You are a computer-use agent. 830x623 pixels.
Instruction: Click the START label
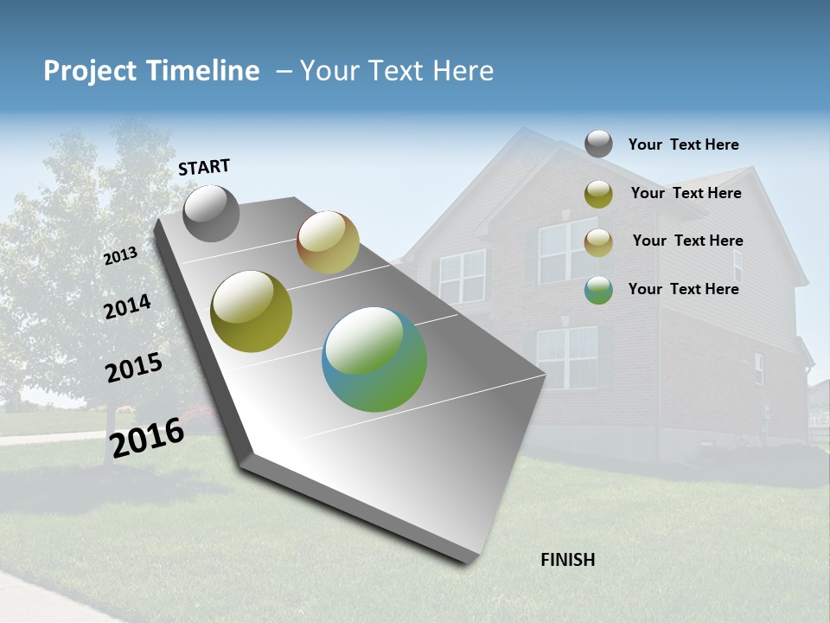click(x=204, y=167)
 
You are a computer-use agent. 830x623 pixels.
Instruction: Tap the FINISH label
click(x=568, y=560)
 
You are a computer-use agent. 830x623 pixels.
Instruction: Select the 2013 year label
click(x=120, y=256)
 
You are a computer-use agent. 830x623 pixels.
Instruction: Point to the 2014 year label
click(x=127, y=306)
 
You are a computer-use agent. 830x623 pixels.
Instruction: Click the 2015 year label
click(x=134, y=368)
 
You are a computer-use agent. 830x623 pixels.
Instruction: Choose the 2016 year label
click(x=147, y=438)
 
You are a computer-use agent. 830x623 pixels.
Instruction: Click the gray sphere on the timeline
click(x=211, y=214)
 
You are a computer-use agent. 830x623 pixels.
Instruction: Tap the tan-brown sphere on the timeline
click(x=328, y=242)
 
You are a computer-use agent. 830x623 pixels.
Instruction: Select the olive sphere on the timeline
click(x=251, y=311)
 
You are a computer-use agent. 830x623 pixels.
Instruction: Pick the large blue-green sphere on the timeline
click(x=374, y=359)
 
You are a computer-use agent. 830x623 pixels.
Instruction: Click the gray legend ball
click(x=598, y=144)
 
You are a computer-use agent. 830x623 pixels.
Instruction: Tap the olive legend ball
click(x=598, y=194)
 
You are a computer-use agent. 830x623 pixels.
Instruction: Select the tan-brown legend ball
click(x=598, y=242)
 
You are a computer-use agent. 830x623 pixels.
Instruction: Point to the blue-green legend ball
click(x=598, y=290)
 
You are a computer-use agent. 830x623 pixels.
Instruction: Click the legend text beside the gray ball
click(x=683, y=145)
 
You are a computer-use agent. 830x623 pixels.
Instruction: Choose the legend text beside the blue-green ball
click(x=683, y=289)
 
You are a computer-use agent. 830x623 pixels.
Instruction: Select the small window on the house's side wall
click(x=758, y=369)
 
